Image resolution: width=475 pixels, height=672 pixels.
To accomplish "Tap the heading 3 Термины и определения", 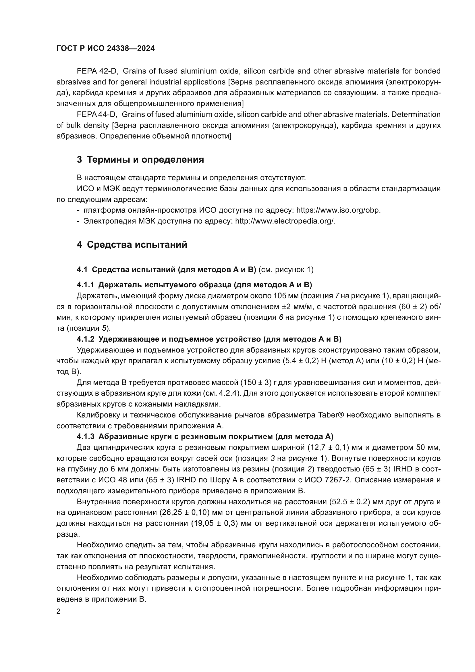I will (140, 159).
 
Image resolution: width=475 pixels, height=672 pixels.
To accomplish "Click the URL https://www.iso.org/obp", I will (338, 210).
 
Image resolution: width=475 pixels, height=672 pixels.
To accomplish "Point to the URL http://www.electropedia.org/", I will (285, 221).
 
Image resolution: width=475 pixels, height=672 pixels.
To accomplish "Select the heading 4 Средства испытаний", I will (132, 244).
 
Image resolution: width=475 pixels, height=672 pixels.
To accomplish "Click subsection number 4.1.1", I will (85, 284).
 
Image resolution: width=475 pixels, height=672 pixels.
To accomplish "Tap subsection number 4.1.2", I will (85, 339).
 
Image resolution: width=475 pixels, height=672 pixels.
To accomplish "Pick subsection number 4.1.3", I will (85, 436).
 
